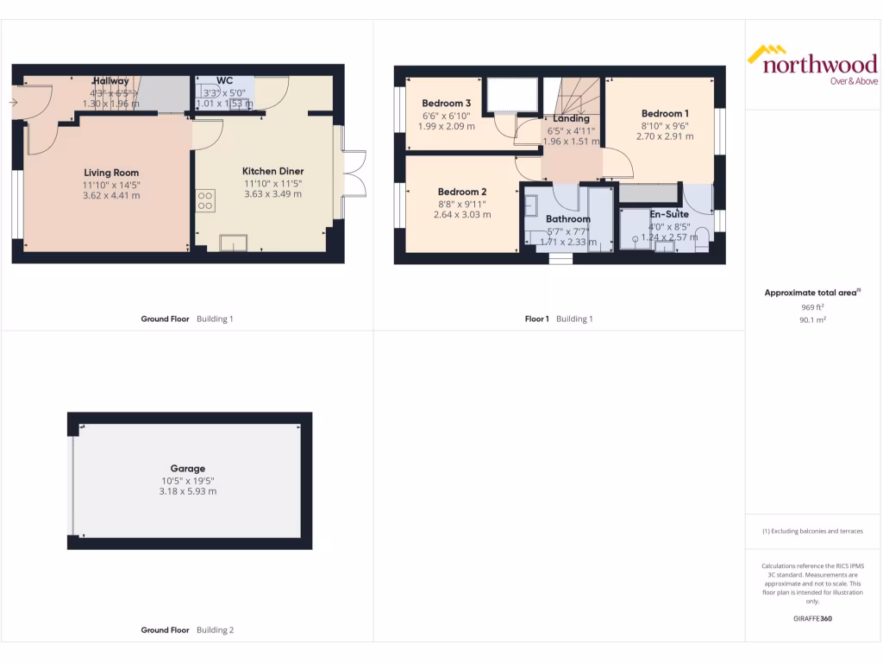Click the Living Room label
(111, 173)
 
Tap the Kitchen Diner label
(272, 171)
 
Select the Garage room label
(188, 469)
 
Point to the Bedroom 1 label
(665, 113)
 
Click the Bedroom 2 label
(462, 192)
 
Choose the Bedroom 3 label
(446, 104)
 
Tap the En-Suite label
(669, 214)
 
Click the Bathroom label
(568, 219)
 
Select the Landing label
(571, 118)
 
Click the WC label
(225, 81)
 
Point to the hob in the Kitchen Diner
(205, 201)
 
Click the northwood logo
(811, 65)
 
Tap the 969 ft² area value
(811, 306)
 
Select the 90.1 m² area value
(811, 319)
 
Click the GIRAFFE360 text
(812, 618)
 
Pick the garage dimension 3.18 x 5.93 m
(188, 491)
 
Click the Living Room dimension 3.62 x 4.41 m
(111, 195)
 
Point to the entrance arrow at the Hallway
(14, 103)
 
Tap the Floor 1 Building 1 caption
(559, 319)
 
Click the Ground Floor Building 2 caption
(187, 630)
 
